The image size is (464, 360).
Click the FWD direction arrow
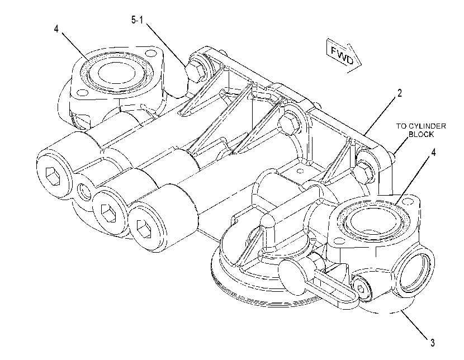pos(344,55)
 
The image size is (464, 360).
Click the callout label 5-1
pos(138,20)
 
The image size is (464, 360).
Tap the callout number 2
pos(400,93)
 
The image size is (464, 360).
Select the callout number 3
pos(432,343)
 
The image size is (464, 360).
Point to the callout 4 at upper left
pos(56,29)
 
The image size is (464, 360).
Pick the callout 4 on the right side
pos(433,153)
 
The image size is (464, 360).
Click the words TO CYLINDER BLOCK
pos(421,130)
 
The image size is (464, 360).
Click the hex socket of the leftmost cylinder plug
pos(53,176)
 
